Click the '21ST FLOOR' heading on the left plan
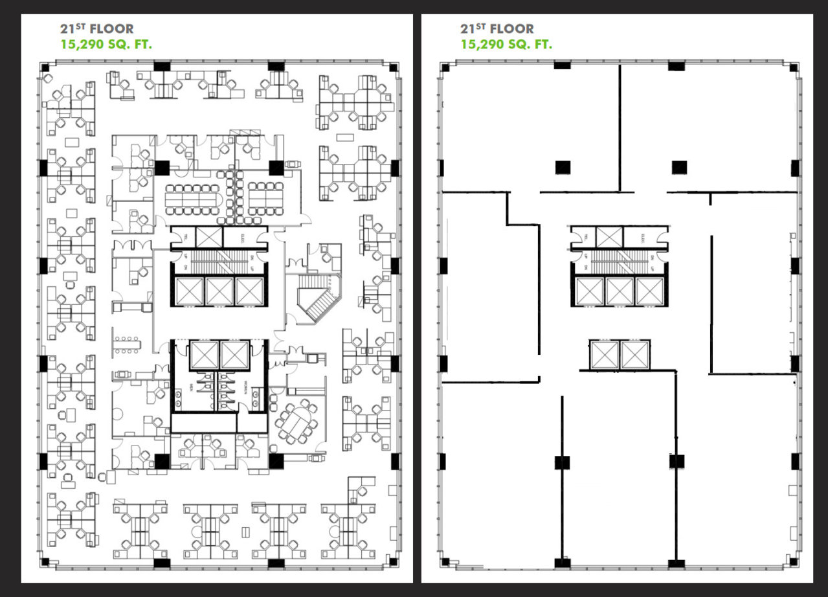[96, 29]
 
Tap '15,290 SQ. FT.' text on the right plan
[506, 45]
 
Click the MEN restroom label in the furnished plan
[192, 387]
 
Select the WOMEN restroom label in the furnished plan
[245, 387]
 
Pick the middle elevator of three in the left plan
[219, 291]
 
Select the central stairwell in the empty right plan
[620, 262]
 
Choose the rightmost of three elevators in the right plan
[649, 291]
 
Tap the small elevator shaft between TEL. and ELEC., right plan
[609, 237]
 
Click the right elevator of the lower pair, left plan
[234, 355]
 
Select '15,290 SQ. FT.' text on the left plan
[106, 45]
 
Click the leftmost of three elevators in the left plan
[189, 291]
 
